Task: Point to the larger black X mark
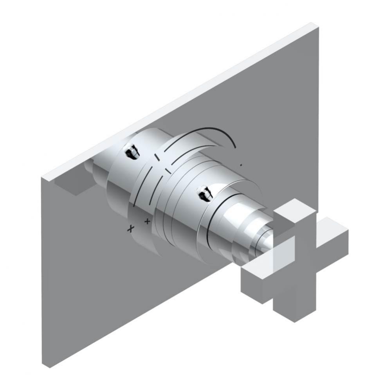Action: pyautogui.click(x=131, y=229)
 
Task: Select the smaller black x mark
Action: pyautogui.click(x=147, y=221)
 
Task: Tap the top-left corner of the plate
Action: pyautogui.click(x=42, y=178)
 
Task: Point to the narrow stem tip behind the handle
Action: pyautogui.click(x=266, y=242)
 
